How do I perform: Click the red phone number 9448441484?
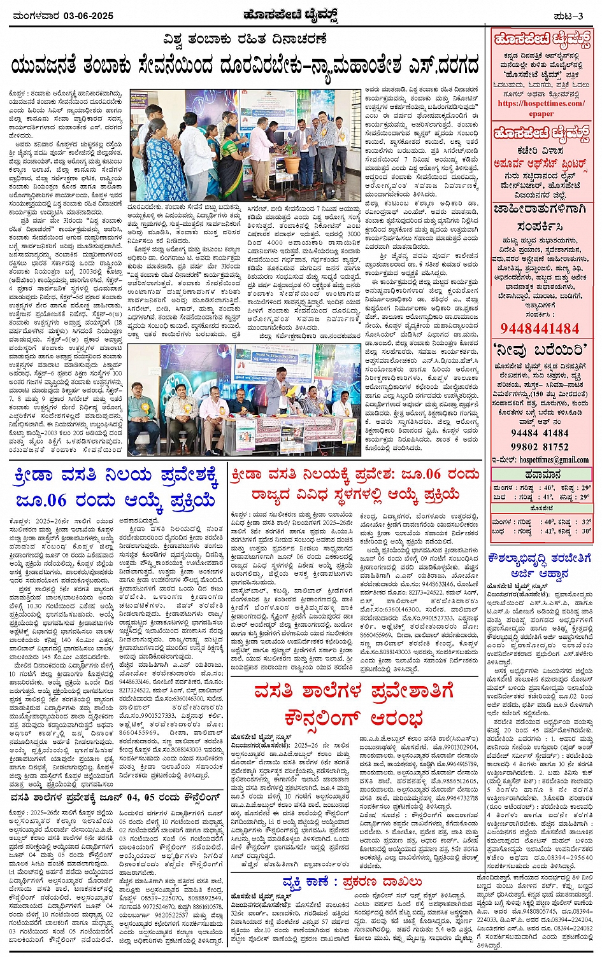coord(540,328)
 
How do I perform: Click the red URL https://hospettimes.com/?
coord(541,104)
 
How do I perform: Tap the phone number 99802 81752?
coord(540,447)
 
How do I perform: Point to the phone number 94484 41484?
coord(540,433)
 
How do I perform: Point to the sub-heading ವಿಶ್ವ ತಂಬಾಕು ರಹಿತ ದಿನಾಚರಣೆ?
coord(245,39)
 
